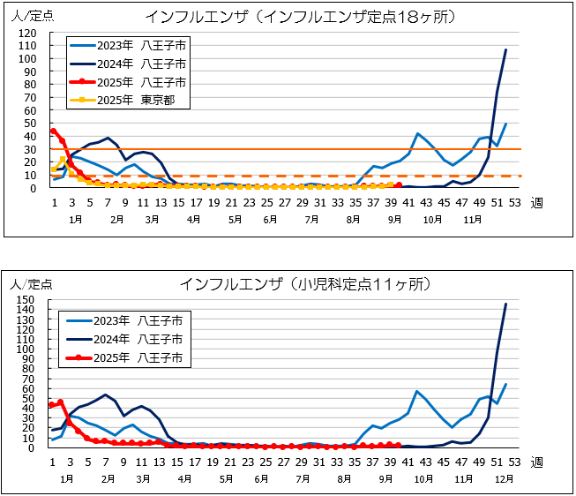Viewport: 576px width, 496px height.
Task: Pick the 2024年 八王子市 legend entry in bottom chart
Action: pos(132,338)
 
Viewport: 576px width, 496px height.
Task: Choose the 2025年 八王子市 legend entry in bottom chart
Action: pos(132,357)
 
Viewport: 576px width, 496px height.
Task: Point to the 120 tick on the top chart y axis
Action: pos(30,34)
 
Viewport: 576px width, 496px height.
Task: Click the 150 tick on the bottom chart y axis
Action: pos(30,300)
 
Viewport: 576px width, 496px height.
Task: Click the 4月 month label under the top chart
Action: pos(193,217)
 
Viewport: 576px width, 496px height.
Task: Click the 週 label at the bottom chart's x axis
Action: pos(536,462)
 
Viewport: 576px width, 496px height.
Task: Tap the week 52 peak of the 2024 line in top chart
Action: pos(505,49)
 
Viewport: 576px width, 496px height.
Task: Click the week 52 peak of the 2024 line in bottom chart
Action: pos(505,304)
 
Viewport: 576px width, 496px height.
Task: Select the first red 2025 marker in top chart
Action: pos(54,131)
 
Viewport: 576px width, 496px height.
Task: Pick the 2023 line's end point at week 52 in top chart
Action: pos(505,124)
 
